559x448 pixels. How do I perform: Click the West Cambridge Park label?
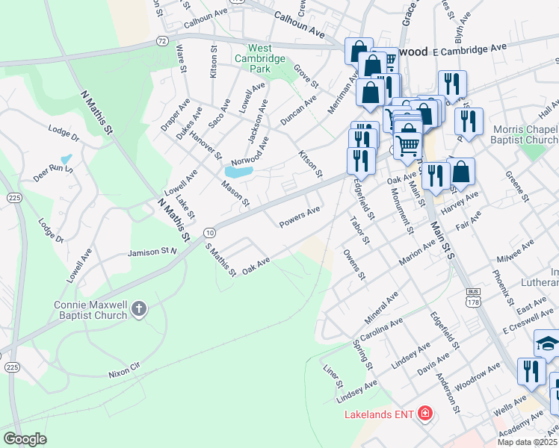[x=259, y=58]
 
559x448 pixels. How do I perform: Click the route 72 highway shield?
[x=162, y=40]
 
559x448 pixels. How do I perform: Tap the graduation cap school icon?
[x=547, y=344]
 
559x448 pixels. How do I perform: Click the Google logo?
[x=25, y=438]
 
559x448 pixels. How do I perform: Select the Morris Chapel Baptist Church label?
[x=525, y=134]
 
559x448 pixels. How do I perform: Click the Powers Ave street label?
[x=300, y=217]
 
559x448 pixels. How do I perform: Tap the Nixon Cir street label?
[x=124, y=372]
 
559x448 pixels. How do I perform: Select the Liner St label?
[x=331, y=376]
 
